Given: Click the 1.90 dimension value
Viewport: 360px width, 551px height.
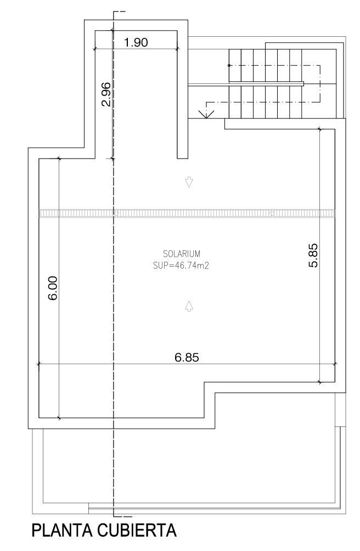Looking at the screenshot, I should (x=136, y=42).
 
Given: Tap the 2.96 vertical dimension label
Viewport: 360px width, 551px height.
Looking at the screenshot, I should (x=106, y=94).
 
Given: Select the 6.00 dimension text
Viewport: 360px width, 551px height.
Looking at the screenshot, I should (x=53, y=288).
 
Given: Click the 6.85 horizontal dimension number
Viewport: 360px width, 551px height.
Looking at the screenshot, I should (x=187, y=357).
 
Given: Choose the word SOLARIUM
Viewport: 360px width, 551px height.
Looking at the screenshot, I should (x=182, y=254).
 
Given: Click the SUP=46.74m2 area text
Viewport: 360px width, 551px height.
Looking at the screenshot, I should (x=182, y=265).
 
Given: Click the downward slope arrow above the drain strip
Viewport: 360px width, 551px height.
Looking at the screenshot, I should (x=189, y=182).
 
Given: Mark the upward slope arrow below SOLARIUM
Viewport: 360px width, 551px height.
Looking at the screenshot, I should (x=189, y=306).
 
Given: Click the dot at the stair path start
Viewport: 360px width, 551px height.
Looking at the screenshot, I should (x=229, y=65).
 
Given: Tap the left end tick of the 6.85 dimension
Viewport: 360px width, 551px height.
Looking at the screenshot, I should (x=38, y=363).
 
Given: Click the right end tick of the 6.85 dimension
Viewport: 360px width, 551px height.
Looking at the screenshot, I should (x=335, y=363).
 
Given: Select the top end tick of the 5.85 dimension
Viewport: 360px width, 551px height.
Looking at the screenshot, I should (x=320, y=129).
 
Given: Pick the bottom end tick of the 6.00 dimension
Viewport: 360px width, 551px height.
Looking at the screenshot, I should (x=59, y=418).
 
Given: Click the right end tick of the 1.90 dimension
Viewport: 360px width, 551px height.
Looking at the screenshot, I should (x=177, y=49).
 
